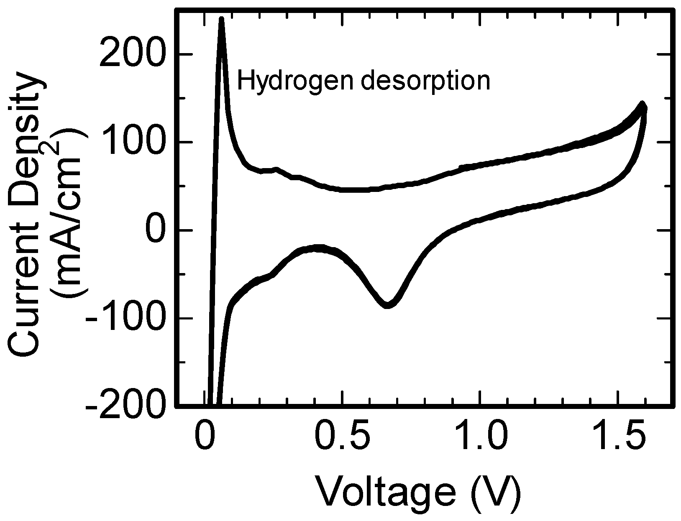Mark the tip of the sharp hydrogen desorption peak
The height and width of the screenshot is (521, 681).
[x=222, y=19]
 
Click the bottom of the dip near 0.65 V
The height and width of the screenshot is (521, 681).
[x=387, y=305]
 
